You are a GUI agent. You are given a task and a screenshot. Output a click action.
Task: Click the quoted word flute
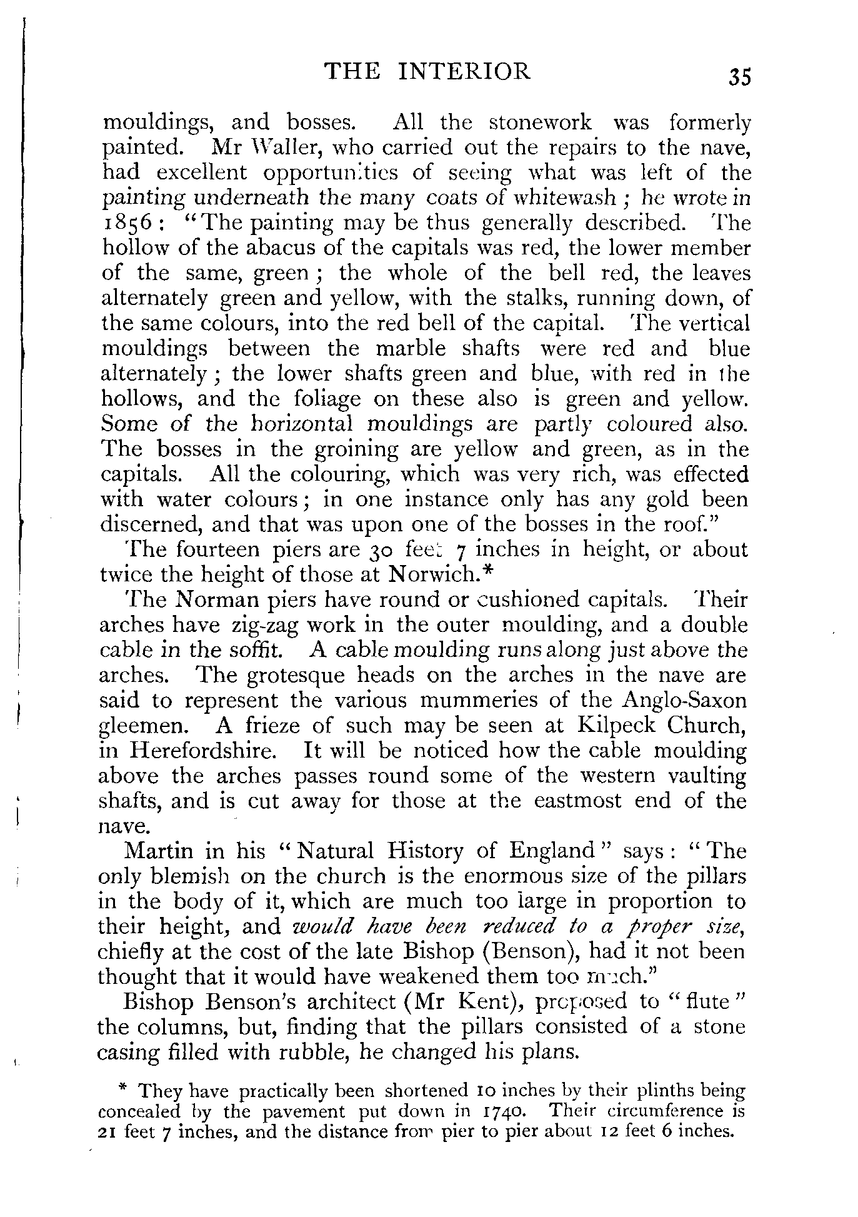coord(708,1001)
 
